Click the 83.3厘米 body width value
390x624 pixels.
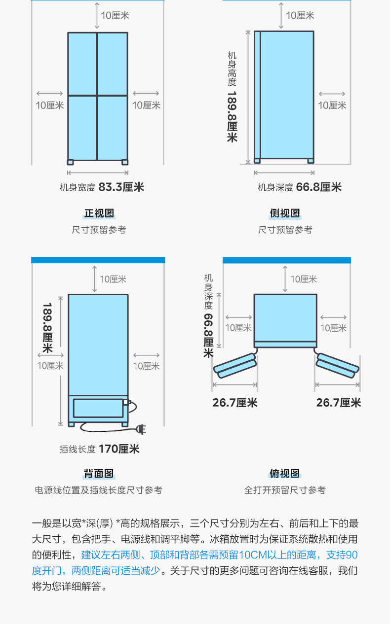coord(121,187)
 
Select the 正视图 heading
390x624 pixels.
coord(99,213)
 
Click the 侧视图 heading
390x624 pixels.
coord(285,213)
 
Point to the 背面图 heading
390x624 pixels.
coord(99,474)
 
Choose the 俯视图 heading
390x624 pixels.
coord(285,474)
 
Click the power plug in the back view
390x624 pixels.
coord(141,430)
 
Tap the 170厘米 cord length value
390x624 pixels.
coord(119,449)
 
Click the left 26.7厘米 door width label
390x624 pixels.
coord(235,403)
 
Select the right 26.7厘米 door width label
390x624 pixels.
coord(339,403)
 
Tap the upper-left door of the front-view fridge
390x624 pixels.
coord(82,63)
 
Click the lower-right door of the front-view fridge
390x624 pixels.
coord(113,127)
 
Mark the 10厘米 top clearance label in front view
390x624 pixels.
coord(115,15)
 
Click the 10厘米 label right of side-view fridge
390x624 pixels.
coord(332,105)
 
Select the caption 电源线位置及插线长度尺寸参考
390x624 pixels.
coord(98,490)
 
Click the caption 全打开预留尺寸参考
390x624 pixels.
coord(285,490)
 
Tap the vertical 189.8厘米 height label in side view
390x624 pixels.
coord(232,116)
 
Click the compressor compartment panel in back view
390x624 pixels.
coord(97,409)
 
